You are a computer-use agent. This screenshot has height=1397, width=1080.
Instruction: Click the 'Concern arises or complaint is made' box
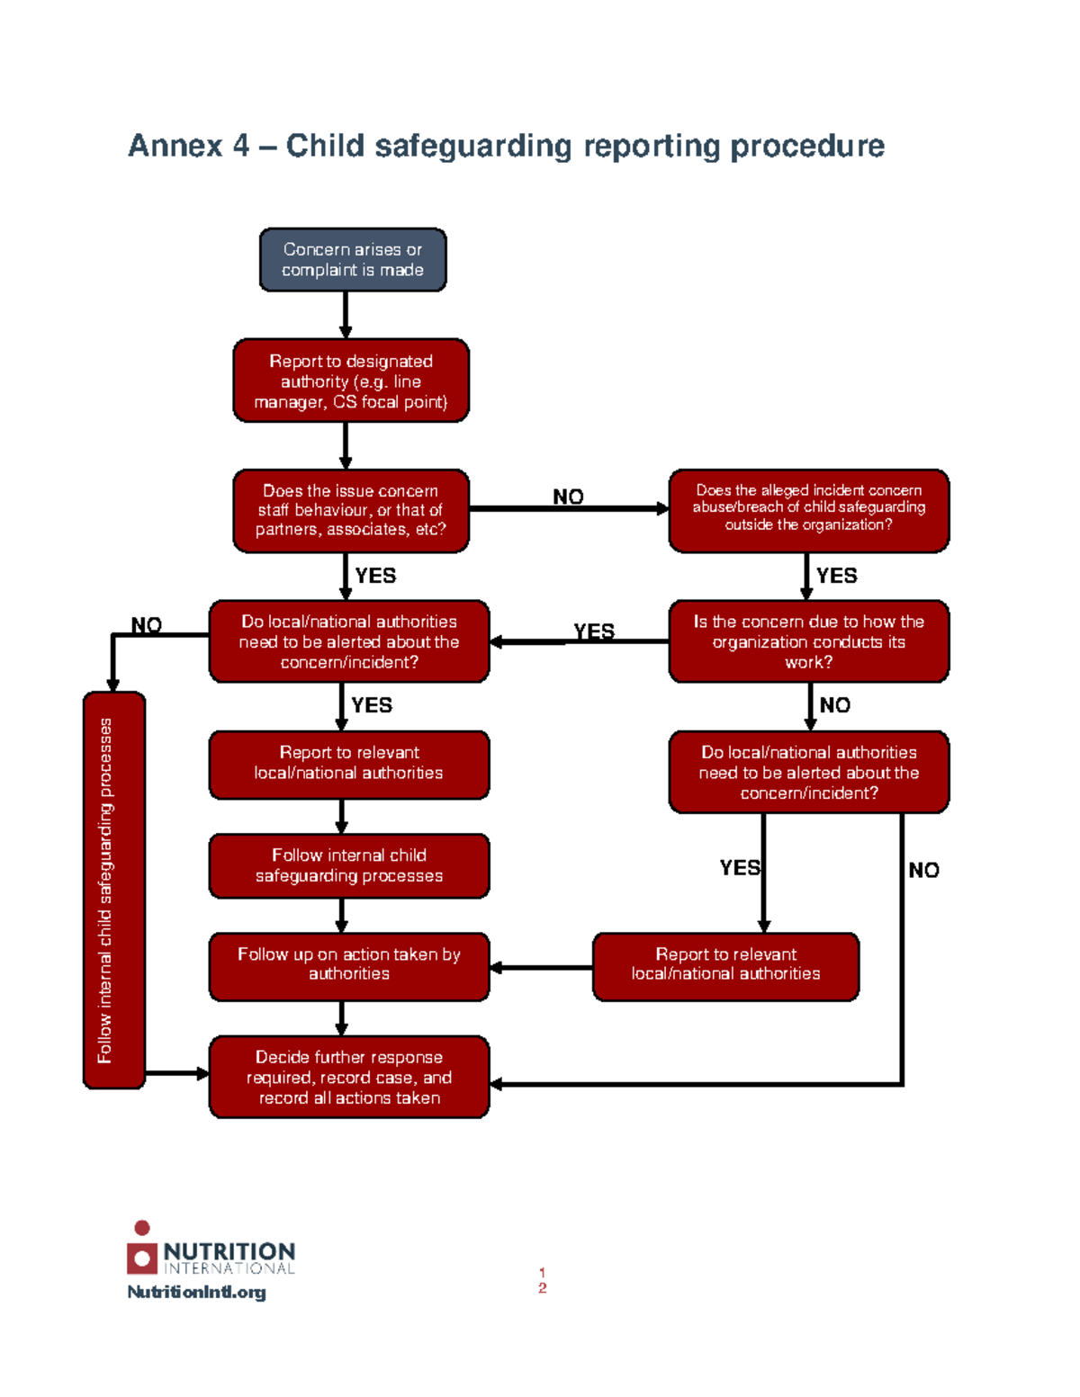point(353,260)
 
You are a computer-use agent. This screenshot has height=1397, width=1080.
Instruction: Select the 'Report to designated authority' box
point(351,381)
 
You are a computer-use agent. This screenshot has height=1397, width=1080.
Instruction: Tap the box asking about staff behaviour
point(351,510)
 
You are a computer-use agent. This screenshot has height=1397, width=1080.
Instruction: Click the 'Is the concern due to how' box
point(808,641)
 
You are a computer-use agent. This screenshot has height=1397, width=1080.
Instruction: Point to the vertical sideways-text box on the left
point(113,890)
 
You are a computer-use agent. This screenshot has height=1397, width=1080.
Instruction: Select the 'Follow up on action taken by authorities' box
point(349,966)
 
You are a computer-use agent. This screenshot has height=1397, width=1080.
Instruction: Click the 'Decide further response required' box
point(349,1077)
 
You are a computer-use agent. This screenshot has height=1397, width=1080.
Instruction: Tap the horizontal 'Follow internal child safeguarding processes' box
point(349,865)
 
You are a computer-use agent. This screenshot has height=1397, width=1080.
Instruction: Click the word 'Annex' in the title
point(175,146)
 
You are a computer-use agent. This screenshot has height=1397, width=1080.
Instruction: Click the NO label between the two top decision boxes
point(568,497)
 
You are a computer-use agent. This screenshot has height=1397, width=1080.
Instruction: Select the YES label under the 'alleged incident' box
point(836,576)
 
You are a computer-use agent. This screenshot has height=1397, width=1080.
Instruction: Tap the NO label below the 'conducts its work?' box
point(834,705)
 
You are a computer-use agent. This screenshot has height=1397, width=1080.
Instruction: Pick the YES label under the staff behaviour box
point(375,576)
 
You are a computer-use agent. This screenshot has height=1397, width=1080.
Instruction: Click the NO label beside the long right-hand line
point(923,870)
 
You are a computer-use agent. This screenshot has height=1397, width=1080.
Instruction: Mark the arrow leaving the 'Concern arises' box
point(346,315)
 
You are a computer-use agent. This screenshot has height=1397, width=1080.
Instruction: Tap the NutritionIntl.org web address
point(196,1292)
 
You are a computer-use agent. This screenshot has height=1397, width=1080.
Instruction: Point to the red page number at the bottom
point(542,1280)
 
